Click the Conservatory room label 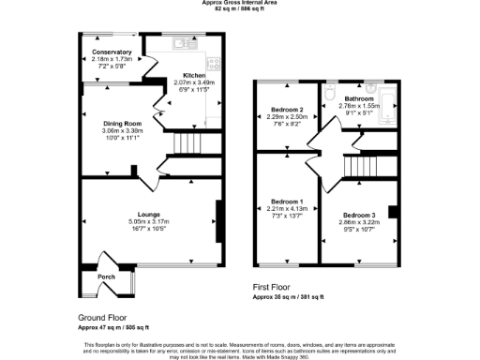pos(105,52)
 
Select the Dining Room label pos(122,124)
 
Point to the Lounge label pos(150,215)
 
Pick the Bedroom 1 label pos(287,202)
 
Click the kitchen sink pos(183,43)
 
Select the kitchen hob pos(215,65)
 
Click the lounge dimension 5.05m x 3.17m pos(150,221)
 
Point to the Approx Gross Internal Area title pos(239,3)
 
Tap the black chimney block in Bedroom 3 pos(393,212)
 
